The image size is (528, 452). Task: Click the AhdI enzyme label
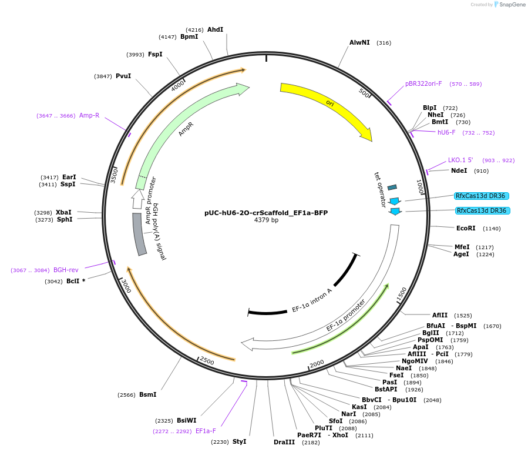pyautogui.click(x=215, y=29)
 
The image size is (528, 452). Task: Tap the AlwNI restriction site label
pyautogui.click(x=359, y=42)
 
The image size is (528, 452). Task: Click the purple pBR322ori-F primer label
pyautogui.click(x=423, y=83)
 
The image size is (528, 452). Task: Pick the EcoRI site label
pyautogui.click(x=466, y=228)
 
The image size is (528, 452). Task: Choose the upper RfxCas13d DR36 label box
pyautogui.click(x=482, y=196)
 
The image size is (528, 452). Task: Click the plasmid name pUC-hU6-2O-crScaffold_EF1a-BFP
pyautogui.click(x=266, y=212)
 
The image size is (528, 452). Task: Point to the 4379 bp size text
pyautogui.click(x=266, y=220)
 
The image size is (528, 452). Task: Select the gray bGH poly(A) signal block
pyautogui.click(x=139, y=234)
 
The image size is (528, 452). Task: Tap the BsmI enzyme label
pyautogui.click(x=147, y=394)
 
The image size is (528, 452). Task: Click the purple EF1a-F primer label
pyautogui.click(x=206, y=431)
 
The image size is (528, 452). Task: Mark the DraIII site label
pyautogui.click(x=284, y=442)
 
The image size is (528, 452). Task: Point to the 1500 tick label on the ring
pyautogui.click(x=402, y=293)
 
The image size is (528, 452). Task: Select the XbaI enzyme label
pyautogui.click(x=63, y=212)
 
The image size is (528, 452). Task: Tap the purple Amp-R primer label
pyautogui.click(x=89, y=115)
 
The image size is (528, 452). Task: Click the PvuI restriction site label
pyautogui.click(x=123, y=76)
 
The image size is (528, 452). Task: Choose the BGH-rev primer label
pyautogui.click(x=66, y=270)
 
